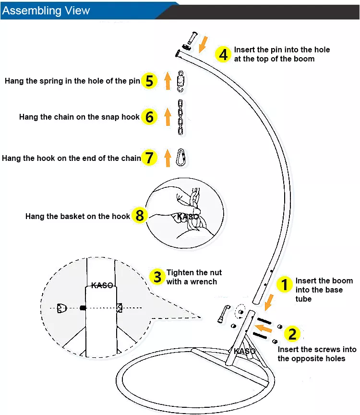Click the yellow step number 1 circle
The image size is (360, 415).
pos(285,285)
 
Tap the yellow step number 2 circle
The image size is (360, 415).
pos(293,334)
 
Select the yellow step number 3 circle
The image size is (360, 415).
pos(157,277)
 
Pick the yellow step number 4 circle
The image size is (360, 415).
pos(223,54)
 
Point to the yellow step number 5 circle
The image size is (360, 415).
pos(149,81)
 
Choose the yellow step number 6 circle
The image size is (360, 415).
pos(149,117)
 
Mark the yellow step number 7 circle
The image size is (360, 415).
pos(150,158)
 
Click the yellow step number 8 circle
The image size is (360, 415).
pos(139,216)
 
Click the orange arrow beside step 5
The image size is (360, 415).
pos(168,81)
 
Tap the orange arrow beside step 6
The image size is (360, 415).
pos(168,117)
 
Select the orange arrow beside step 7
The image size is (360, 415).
pos(168,158)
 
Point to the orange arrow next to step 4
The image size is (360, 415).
pos(204,44)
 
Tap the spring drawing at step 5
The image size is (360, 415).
pos(181,80)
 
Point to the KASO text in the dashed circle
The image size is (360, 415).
pos(102,285)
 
